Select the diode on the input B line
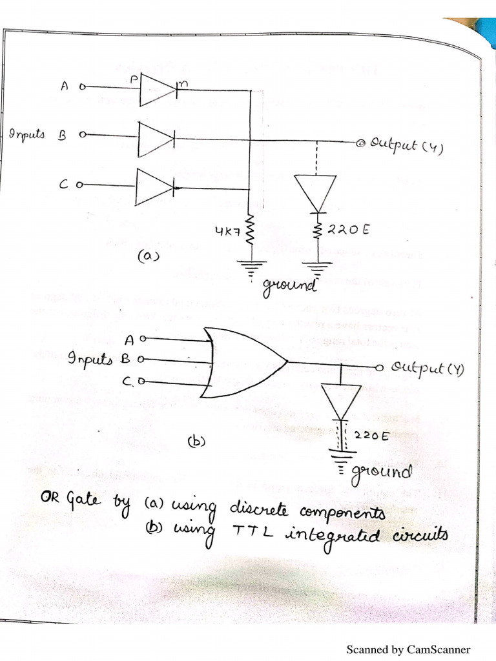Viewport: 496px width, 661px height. coord(156,138)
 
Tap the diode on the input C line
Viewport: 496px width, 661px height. coord(154,187)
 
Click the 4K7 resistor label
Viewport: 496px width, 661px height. coord(227,230)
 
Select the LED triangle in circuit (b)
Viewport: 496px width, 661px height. coord(340,401)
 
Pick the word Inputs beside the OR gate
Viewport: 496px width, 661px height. coord(90,360)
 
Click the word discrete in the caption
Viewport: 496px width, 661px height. coord(258,511)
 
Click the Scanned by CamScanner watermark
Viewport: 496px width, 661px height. coord(408,649)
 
